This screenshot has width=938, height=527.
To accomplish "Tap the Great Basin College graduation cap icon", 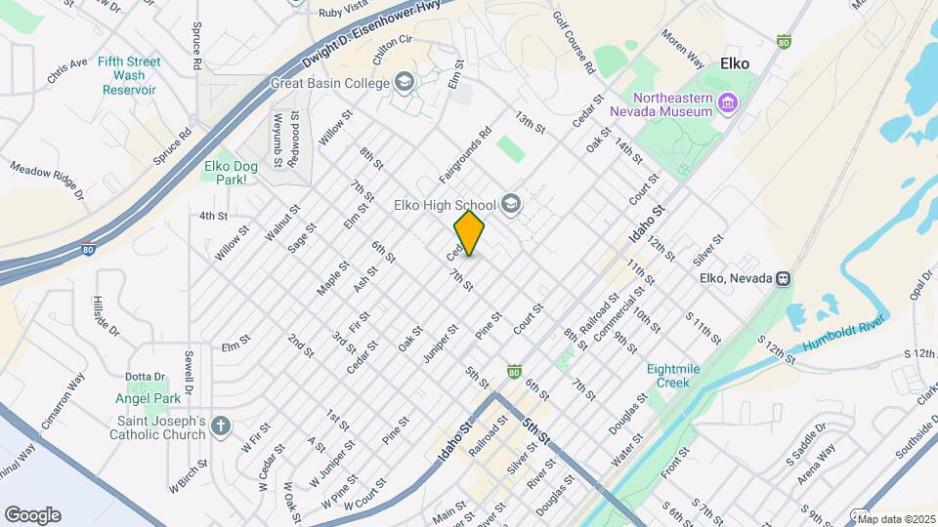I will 405,83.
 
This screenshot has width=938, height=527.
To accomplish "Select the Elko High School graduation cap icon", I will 510,205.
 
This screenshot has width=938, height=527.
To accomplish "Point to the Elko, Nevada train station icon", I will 783,278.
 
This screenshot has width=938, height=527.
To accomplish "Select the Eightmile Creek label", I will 674,376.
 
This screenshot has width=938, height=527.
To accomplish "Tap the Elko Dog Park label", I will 231,173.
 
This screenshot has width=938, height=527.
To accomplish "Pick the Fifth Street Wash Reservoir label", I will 129,75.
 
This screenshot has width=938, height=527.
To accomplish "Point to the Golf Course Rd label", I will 573,45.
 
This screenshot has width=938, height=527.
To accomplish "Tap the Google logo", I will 32,514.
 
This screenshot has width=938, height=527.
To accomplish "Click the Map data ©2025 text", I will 894,519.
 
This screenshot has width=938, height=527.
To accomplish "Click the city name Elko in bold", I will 734,63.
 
